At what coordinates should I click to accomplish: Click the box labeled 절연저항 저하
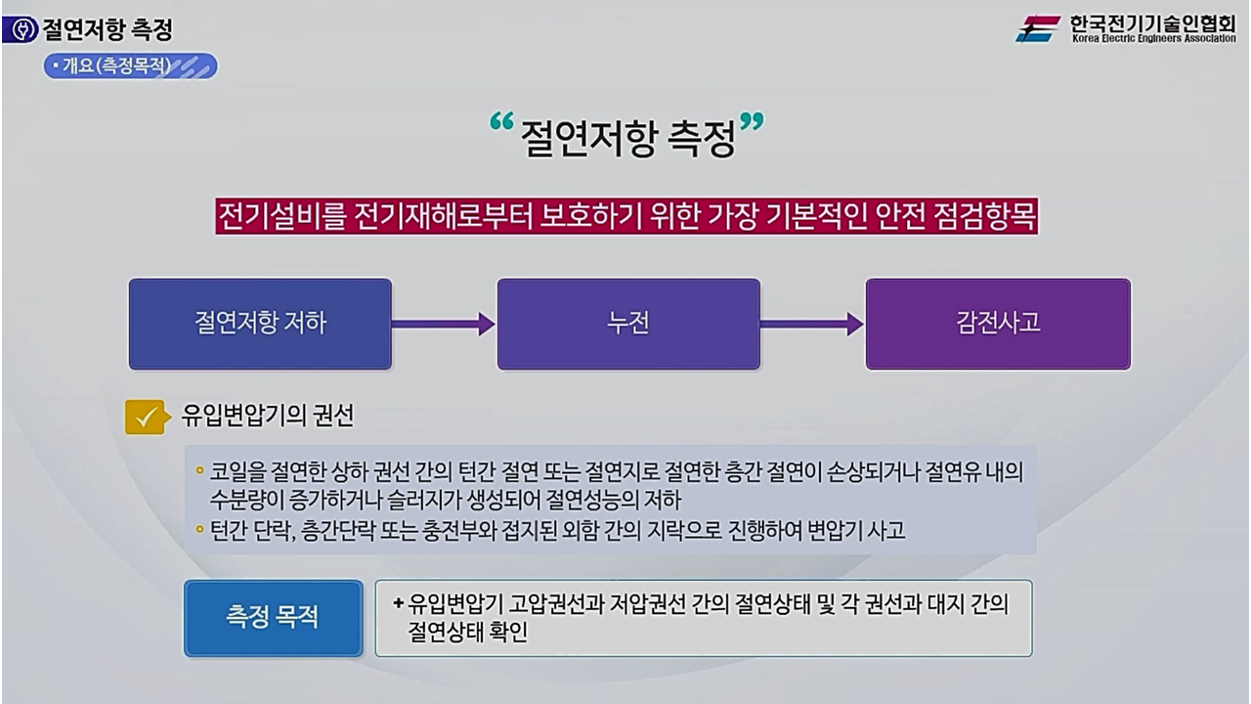pos(260,324)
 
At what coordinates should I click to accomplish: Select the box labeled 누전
pos(628,324)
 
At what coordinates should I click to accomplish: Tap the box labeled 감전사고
pos(998,324)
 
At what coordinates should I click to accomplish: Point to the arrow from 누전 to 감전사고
pos(812,324)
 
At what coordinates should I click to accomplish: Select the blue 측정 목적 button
pos(273,618)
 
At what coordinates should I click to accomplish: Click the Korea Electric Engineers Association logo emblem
pos(1038,28)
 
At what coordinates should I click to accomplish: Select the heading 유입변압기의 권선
pos(267,416)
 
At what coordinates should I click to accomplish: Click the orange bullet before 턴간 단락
pos(199,530)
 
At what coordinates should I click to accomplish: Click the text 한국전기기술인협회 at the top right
pos(1152,22)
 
